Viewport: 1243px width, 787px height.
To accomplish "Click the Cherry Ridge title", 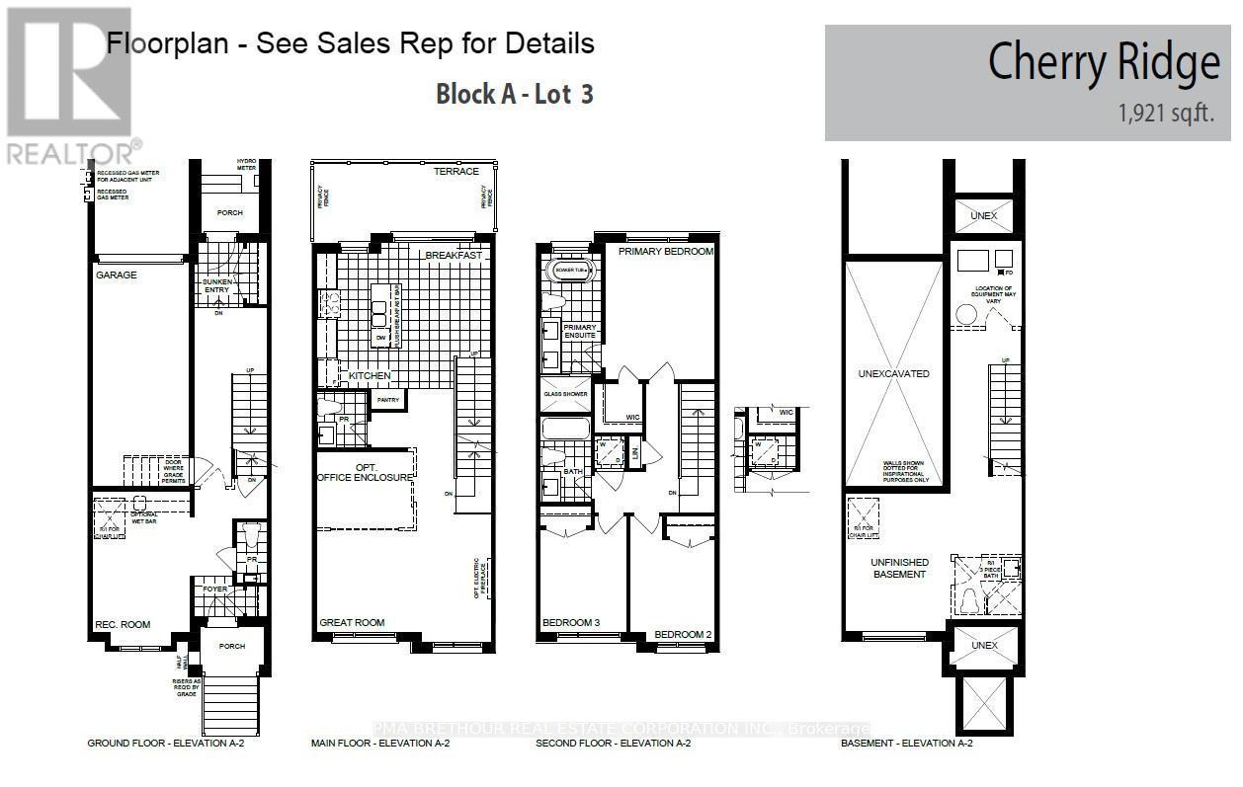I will pos(1104,63).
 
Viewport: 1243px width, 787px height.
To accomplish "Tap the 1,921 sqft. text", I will pos(1166,115).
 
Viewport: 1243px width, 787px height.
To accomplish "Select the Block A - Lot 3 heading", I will pos(514,95).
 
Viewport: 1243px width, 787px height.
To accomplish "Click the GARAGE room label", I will pos(117,275).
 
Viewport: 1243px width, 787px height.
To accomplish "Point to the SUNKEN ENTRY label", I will pos(216,286).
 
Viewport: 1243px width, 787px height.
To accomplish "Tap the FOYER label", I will pos(215,590).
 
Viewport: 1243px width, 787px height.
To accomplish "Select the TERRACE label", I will pos(456,172).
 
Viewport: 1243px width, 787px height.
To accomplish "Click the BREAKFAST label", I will pos(454,256).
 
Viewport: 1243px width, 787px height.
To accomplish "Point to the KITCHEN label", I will pos(371,376).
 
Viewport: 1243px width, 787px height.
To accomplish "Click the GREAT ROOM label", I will pos(352,623).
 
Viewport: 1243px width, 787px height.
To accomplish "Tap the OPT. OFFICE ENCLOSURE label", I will pos(364,471).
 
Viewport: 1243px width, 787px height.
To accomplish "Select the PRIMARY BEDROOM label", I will pos(665,252).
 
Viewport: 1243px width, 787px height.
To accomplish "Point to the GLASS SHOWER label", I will pos(565,394).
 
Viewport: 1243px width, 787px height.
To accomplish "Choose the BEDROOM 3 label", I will pos(571,623).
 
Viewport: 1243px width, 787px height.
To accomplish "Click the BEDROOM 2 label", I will pos(683,634).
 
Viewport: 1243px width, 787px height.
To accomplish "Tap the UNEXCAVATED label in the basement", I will pos(893,374).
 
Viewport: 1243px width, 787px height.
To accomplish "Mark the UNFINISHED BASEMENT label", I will pos(898,568).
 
